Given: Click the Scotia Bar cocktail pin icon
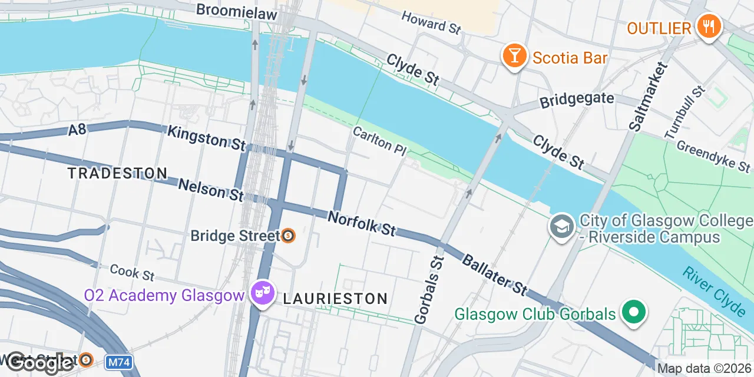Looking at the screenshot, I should [x=514, y=57].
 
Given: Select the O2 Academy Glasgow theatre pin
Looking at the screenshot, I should [x=262, y=292].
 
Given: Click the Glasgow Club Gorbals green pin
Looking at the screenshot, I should [x=633, y=312].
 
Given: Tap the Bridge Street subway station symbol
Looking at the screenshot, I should [x=288, y=236].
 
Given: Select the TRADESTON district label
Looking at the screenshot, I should [x=117, y=173].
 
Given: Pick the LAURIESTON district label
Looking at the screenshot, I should [x=335, y=299].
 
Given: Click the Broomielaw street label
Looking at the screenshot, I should [x=236, y=10].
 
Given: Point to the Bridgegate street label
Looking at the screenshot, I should [x=577, y=100].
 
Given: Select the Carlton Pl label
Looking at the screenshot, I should [x=380, y=141].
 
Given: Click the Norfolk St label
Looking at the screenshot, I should [x=362, y=224].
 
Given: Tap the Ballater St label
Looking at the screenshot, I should [x=494, y=274].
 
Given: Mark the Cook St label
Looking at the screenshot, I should [x=132, y=272].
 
